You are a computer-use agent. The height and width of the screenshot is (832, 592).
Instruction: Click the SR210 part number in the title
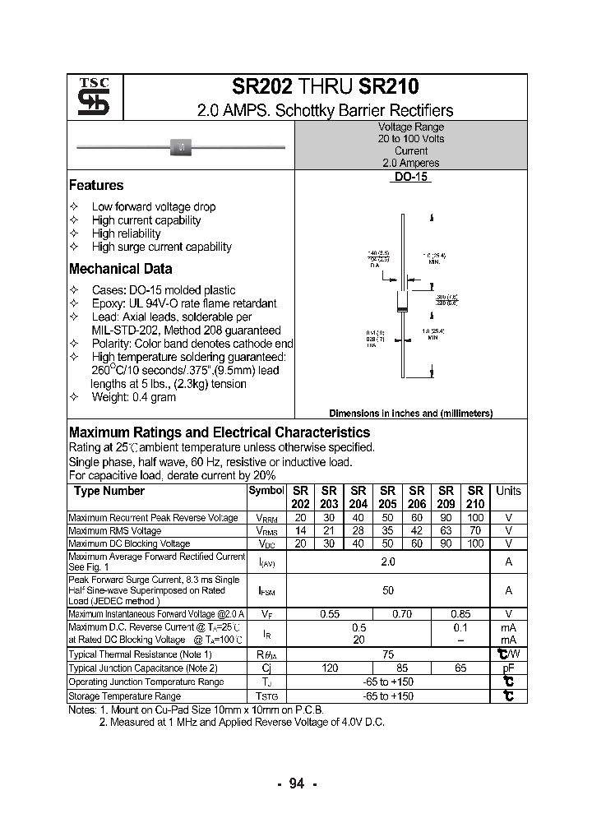point(389,87)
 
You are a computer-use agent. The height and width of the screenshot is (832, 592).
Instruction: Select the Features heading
point(96,186)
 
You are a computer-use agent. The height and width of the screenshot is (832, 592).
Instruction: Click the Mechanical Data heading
point(120,269)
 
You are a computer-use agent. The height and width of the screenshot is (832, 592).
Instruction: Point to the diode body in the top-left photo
point(181,147)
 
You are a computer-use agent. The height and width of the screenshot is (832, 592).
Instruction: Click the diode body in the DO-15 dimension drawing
point(403,302)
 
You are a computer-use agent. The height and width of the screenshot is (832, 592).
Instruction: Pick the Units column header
point(508,491)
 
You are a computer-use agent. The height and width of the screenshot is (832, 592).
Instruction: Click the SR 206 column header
point(417,497)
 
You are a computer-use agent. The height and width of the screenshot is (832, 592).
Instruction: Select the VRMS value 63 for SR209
point(446,531)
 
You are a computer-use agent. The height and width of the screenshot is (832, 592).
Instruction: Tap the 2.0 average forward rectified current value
point(388,562)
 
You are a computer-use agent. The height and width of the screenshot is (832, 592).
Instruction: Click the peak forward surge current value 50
point(388,590)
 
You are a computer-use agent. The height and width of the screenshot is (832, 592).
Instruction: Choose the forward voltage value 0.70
point(402,613)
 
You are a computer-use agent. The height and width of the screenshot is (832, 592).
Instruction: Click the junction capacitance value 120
point(330,668)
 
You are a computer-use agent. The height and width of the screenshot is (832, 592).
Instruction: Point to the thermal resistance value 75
point(388,654)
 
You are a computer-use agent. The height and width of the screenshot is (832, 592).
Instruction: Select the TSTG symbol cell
point(266,696)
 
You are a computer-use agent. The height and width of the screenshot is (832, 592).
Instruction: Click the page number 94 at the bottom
point(296,783)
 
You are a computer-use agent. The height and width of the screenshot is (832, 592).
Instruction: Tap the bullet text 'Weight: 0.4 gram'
point(133,397)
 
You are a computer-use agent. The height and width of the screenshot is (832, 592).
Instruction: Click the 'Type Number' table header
point(109,491)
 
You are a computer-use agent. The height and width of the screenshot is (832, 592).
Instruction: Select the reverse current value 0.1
point(460,627)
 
